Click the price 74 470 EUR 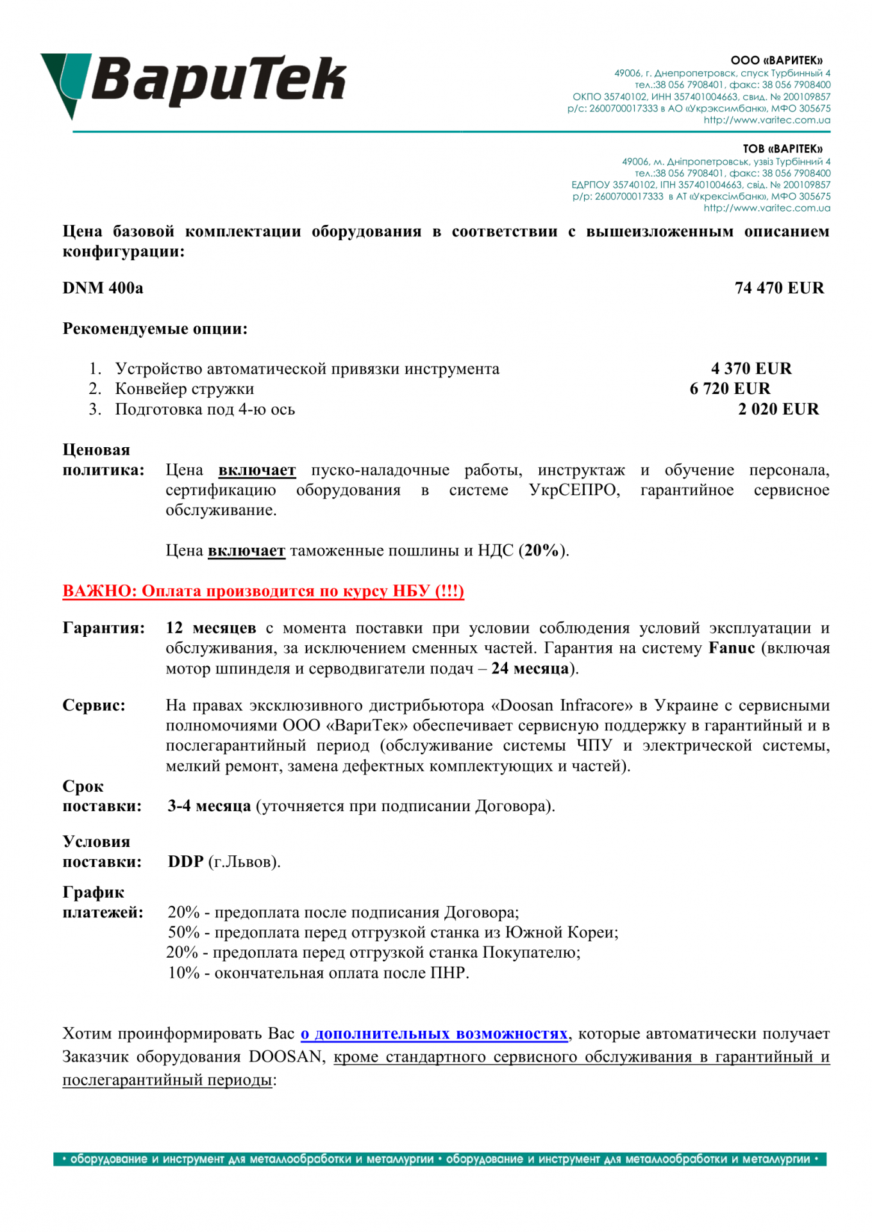click(x=779, y=288)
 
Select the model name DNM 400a click(x=103, y=288)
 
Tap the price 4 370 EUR click(x=751, y=369)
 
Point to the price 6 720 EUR click(x=730, y=389)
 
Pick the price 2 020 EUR click(x=778, y=409)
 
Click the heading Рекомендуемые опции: click(x=155, y=329)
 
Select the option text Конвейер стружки click(x=185, y=389)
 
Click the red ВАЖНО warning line click(x=263, y=591)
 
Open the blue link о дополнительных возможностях click(x=434, y=1034)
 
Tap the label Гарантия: click(x=103, y=628)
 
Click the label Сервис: click(x=94, y=705)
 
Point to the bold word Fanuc click(x=732, y=648)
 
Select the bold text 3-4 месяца click(x=209, y=806)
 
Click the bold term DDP click(x=185, y=862)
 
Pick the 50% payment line click(x=392, y=932)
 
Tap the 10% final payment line click(x=318, y=973)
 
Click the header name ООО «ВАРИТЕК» click(x=776, y=61)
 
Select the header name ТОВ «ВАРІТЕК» click(x=782, y=149)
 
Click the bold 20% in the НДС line click(x=541, y=551)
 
